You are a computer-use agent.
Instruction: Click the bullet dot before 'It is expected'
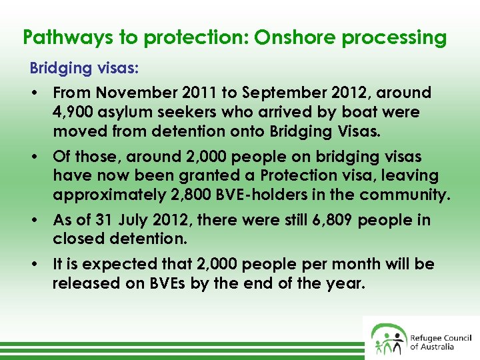tap(33, 265)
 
